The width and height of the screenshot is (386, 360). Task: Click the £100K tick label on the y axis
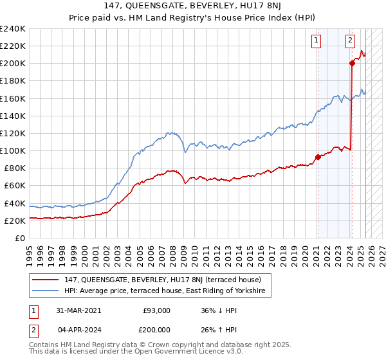click(x=13, y=150)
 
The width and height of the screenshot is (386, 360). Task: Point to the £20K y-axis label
click(x=15, y=221)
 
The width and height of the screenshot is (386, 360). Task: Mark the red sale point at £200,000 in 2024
click(x=353, y=63)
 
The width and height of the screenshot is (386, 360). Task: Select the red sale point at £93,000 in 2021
click(x=318, y=157)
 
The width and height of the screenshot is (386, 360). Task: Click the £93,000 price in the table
click(x=156, y=310)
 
